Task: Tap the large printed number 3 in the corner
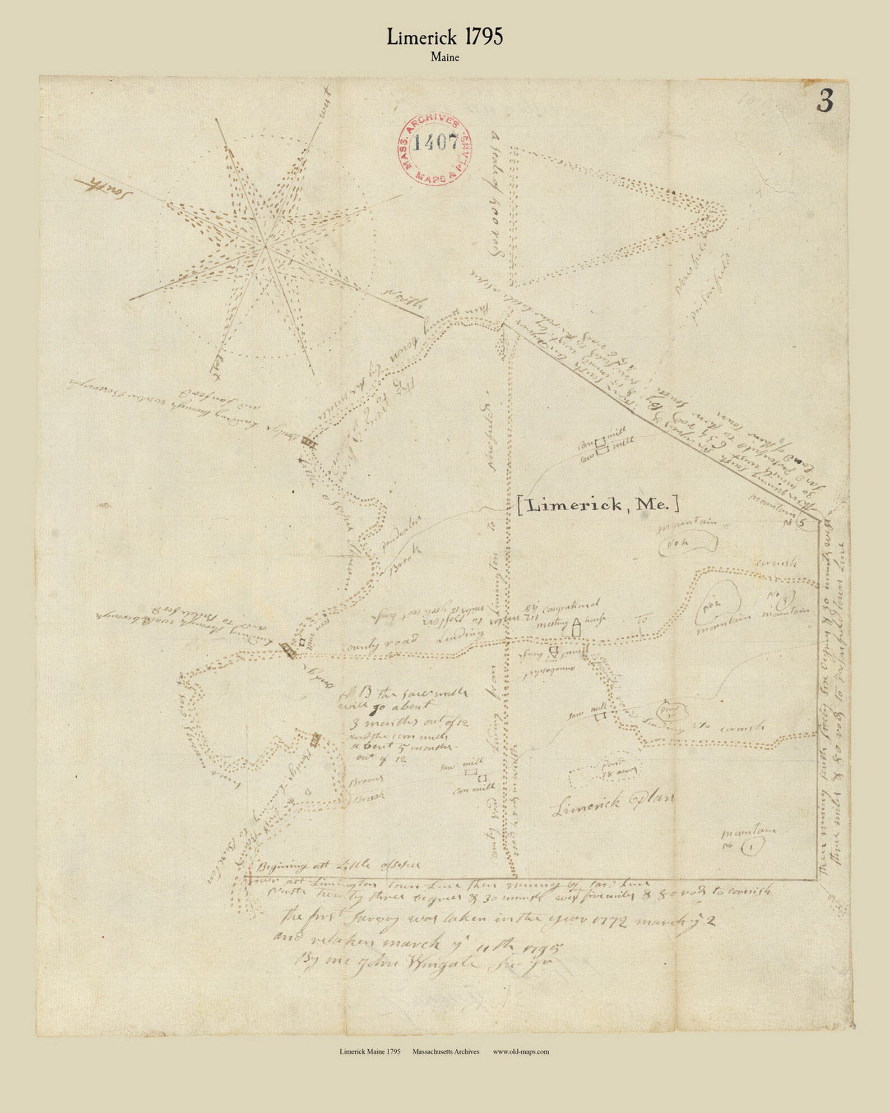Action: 825,101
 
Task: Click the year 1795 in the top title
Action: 483,37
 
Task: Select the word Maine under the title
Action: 445,57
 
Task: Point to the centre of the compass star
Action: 265,245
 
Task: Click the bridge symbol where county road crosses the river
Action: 288,650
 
